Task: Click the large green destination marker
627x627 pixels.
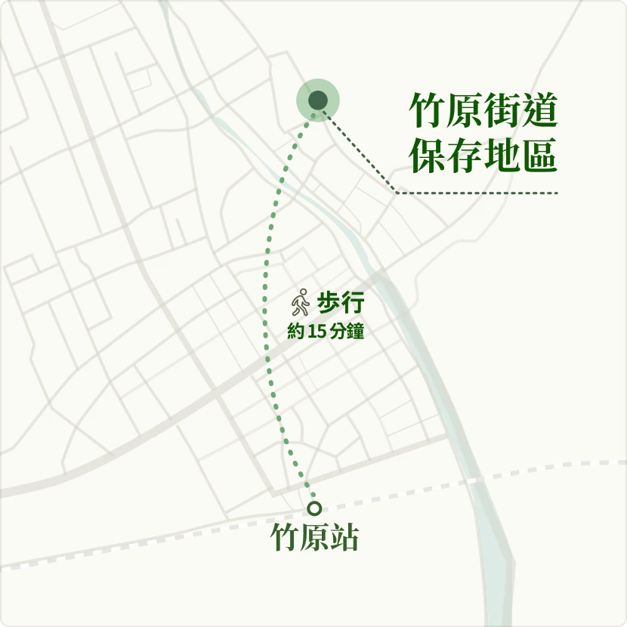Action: (x=318, y=100)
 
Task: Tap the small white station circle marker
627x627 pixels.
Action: (x=314, y=508)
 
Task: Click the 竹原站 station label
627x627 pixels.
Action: (x=314, y=538)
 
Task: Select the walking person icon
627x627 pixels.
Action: (x=301, y=302)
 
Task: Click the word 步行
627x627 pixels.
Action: (x=341, y=303)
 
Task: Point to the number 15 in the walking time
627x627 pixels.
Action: (x=317, y=331)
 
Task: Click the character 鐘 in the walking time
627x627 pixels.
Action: (x=354, y=331)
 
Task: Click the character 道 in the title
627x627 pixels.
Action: (x=539, y=111)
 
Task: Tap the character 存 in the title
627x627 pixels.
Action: (x=465, y=155)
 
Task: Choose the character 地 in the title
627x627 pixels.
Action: (x=502, y=155)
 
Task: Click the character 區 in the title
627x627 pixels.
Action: (x=539, y=155)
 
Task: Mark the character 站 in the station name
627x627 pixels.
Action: (x=344, y=538)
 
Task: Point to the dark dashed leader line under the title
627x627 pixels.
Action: (x=476, y=193)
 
